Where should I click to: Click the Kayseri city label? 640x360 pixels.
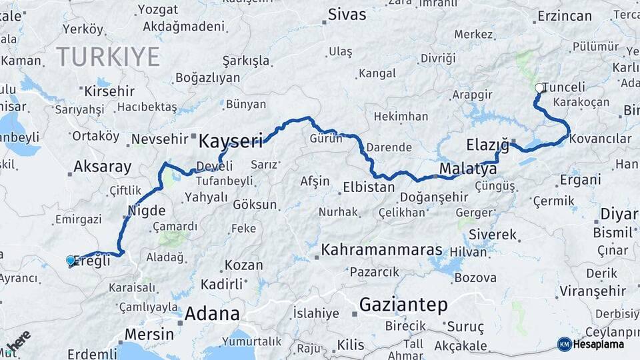(x=230, y=141)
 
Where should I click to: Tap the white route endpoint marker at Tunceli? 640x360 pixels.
(x=539, y=87)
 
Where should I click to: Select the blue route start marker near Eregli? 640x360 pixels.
(x=71, y=260)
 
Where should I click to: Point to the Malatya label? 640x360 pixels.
(x=469, y=169)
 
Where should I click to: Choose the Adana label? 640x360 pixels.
(x=212, y=313)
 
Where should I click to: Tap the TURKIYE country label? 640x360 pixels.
(x=107, y=57)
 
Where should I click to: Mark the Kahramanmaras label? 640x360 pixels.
(x=382, y=250)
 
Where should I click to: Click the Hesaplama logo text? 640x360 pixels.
(x=599, y=345)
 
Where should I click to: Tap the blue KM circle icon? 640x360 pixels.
(x=564, y=344)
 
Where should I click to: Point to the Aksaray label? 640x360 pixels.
(x=103, y=167)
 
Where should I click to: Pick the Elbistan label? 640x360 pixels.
(x=369, y=187)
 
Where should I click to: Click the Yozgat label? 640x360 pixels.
(x=157, y=9)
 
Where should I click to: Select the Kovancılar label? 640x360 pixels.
(x=601, y=139)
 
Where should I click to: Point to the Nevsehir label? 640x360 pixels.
(x=158, y=139)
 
